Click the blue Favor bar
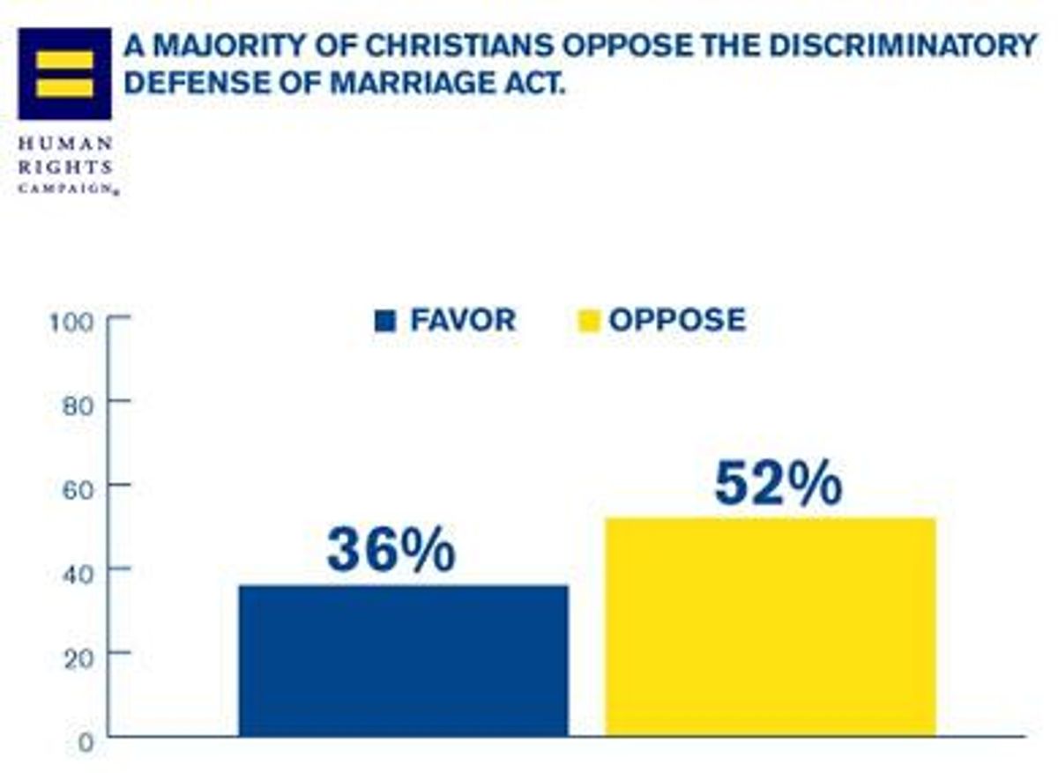(x=404, y=660)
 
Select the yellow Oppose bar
(x=770, y=627)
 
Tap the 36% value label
(x=391, y=551)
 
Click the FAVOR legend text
(x=463, y=320)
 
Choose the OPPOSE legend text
(x=677, y=320)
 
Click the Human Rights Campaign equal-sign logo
(x=64, y=74)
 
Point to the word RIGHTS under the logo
(x=65, y=167)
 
